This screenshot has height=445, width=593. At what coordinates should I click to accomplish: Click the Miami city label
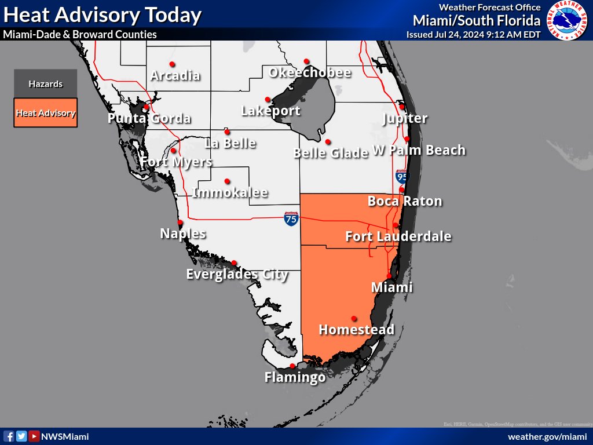coord(391,287)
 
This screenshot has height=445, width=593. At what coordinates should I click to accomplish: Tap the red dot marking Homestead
coord(354,318)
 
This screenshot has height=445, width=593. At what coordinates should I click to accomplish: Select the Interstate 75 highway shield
coord(291,219)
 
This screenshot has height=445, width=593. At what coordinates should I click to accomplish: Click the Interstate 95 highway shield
coord(401,176)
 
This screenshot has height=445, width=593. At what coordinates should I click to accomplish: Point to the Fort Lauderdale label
coord(398,236)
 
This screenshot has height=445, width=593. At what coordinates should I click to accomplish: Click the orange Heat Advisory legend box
coord(46,113)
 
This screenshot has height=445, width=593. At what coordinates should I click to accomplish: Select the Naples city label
coord(182,234)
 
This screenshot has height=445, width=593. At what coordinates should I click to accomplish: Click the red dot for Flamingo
coord(292,366)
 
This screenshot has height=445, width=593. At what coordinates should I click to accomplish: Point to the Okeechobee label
coord(310,73)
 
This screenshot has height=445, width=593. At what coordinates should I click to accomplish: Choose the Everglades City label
coord(237,274)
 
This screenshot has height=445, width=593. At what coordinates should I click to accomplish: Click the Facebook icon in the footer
coord(9,436)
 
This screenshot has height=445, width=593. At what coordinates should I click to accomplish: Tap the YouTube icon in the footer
coord(34,436)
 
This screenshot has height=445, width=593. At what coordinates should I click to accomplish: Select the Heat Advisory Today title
coord(103,14)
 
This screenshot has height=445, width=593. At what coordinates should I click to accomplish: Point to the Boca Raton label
coord(405,202)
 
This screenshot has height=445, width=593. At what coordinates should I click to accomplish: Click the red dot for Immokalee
coord(227,181)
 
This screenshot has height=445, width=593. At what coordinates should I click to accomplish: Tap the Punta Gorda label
coord(149,119)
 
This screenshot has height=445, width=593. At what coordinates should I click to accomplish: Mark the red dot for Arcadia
coord(172,64)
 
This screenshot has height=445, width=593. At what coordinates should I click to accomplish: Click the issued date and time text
coord(473,34)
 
